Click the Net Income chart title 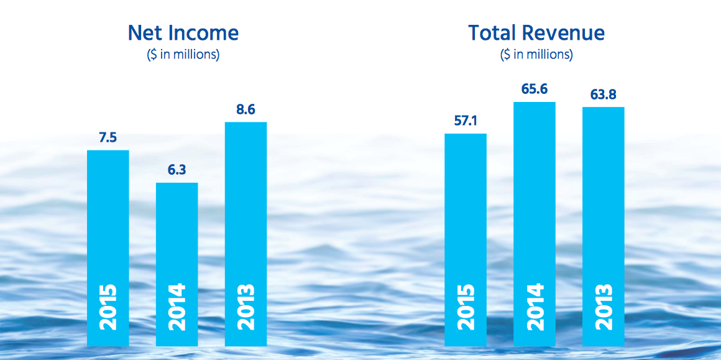(x=183, y=33)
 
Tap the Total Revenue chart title (x=536, y=33)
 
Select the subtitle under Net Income (x=183, y=55)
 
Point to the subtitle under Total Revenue (x=536, y=55)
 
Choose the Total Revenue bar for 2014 (x=535, y=199)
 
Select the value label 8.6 (x=246, y=110)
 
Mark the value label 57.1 (x=466, y=121)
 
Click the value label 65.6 (x=535, y=90)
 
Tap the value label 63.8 (x=603, y=95)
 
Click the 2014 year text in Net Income (x=177, y=307)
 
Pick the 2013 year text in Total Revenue (x=603, y=307)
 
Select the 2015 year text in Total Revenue (x=466, y=307)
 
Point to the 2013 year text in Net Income (x=246, y=307)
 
